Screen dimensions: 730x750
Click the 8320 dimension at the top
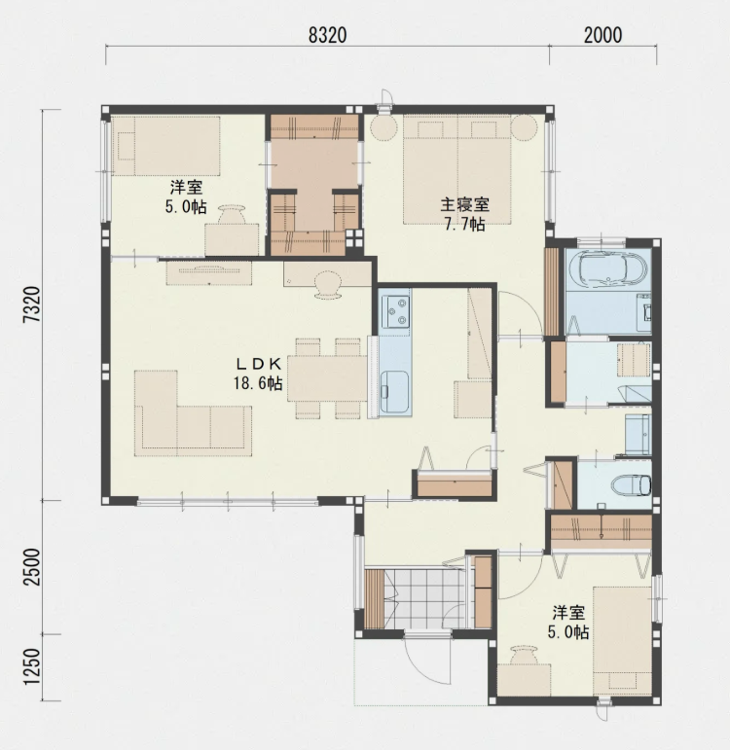click(327, 35)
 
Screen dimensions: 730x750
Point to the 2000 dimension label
click(602, 35)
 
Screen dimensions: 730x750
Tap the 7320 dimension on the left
click(32, 304)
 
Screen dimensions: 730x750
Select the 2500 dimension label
click(32, 567)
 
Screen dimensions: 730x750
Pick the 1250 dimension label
click(32, 666)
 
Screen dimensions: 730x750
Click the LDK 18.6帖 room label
click(258, 374)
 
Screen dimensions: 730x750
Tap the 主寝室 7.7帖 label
click(465, 214)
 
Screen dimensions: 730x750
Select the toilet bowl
click(631, 485)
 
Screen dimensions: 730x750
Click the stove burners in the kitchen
click(396, 311)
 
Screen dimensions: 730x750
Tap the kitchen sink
click(394, 391)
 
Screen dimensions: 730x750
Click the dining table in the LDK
click(327, 377)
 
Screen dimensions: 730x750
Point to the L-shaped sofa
click(193, 413)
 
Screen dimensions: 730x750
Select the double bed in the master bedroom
click(457, 169)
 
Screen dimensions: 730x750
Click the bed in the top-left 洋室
click(166, 146)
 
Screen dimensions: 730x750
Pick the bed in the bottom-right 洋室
click(622, 641)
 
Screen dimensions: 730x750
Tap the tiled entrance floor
click(421, 599)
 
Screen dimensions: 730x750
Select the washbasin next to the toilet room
click(638, 434)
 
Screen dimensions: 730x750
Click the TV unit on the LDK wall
click(209, 273)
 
